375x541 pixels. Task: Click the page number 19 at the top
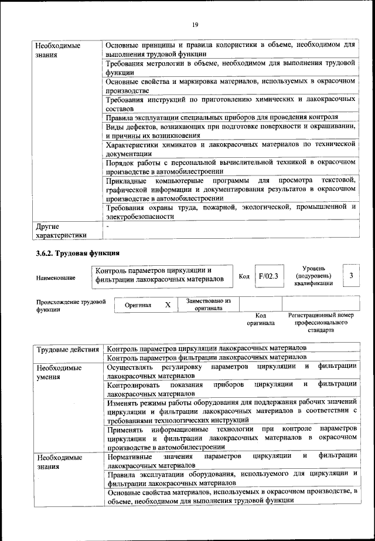(x=195, y=24)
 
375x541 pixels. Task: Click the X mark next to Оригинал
(x=168, y=305)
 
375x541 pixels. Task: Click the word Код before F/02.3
(x=244, y=276)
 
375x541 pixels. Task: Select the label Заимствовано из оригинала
(x=209, y=304)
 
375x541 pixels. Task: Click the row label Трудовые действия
(x=67, y=350)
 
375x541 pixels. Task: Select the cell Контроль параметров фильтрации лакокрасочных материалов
(x=206, y=357)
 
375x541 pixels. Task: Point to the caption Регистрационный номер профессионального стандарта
(x=321, y=323)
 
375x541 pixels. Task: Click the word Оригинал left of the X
(x=138, y=305)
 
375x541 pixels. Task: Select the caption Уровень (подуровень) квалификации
(x=313, y=276)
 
